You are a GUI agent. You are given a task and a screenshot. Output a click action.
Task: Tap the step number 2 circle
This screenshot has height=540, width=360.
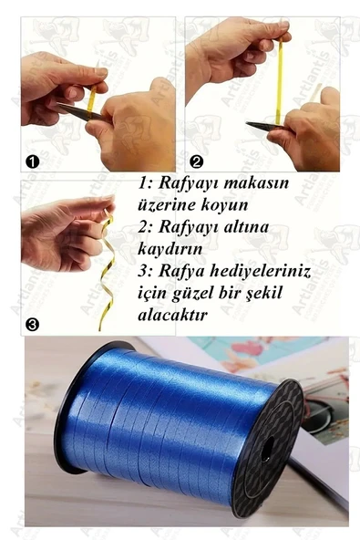[197, 161]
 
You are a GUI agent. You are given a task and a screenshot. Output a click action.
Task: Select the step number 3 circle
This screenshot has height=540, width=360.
[32, 323]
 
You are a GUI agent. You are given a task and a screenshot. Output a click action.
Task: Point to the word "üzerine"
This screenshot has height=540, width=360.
[170, 206]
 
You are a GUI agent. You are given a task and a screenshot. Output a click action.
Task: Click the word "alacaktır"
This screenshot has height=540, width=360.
[174, 315]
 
